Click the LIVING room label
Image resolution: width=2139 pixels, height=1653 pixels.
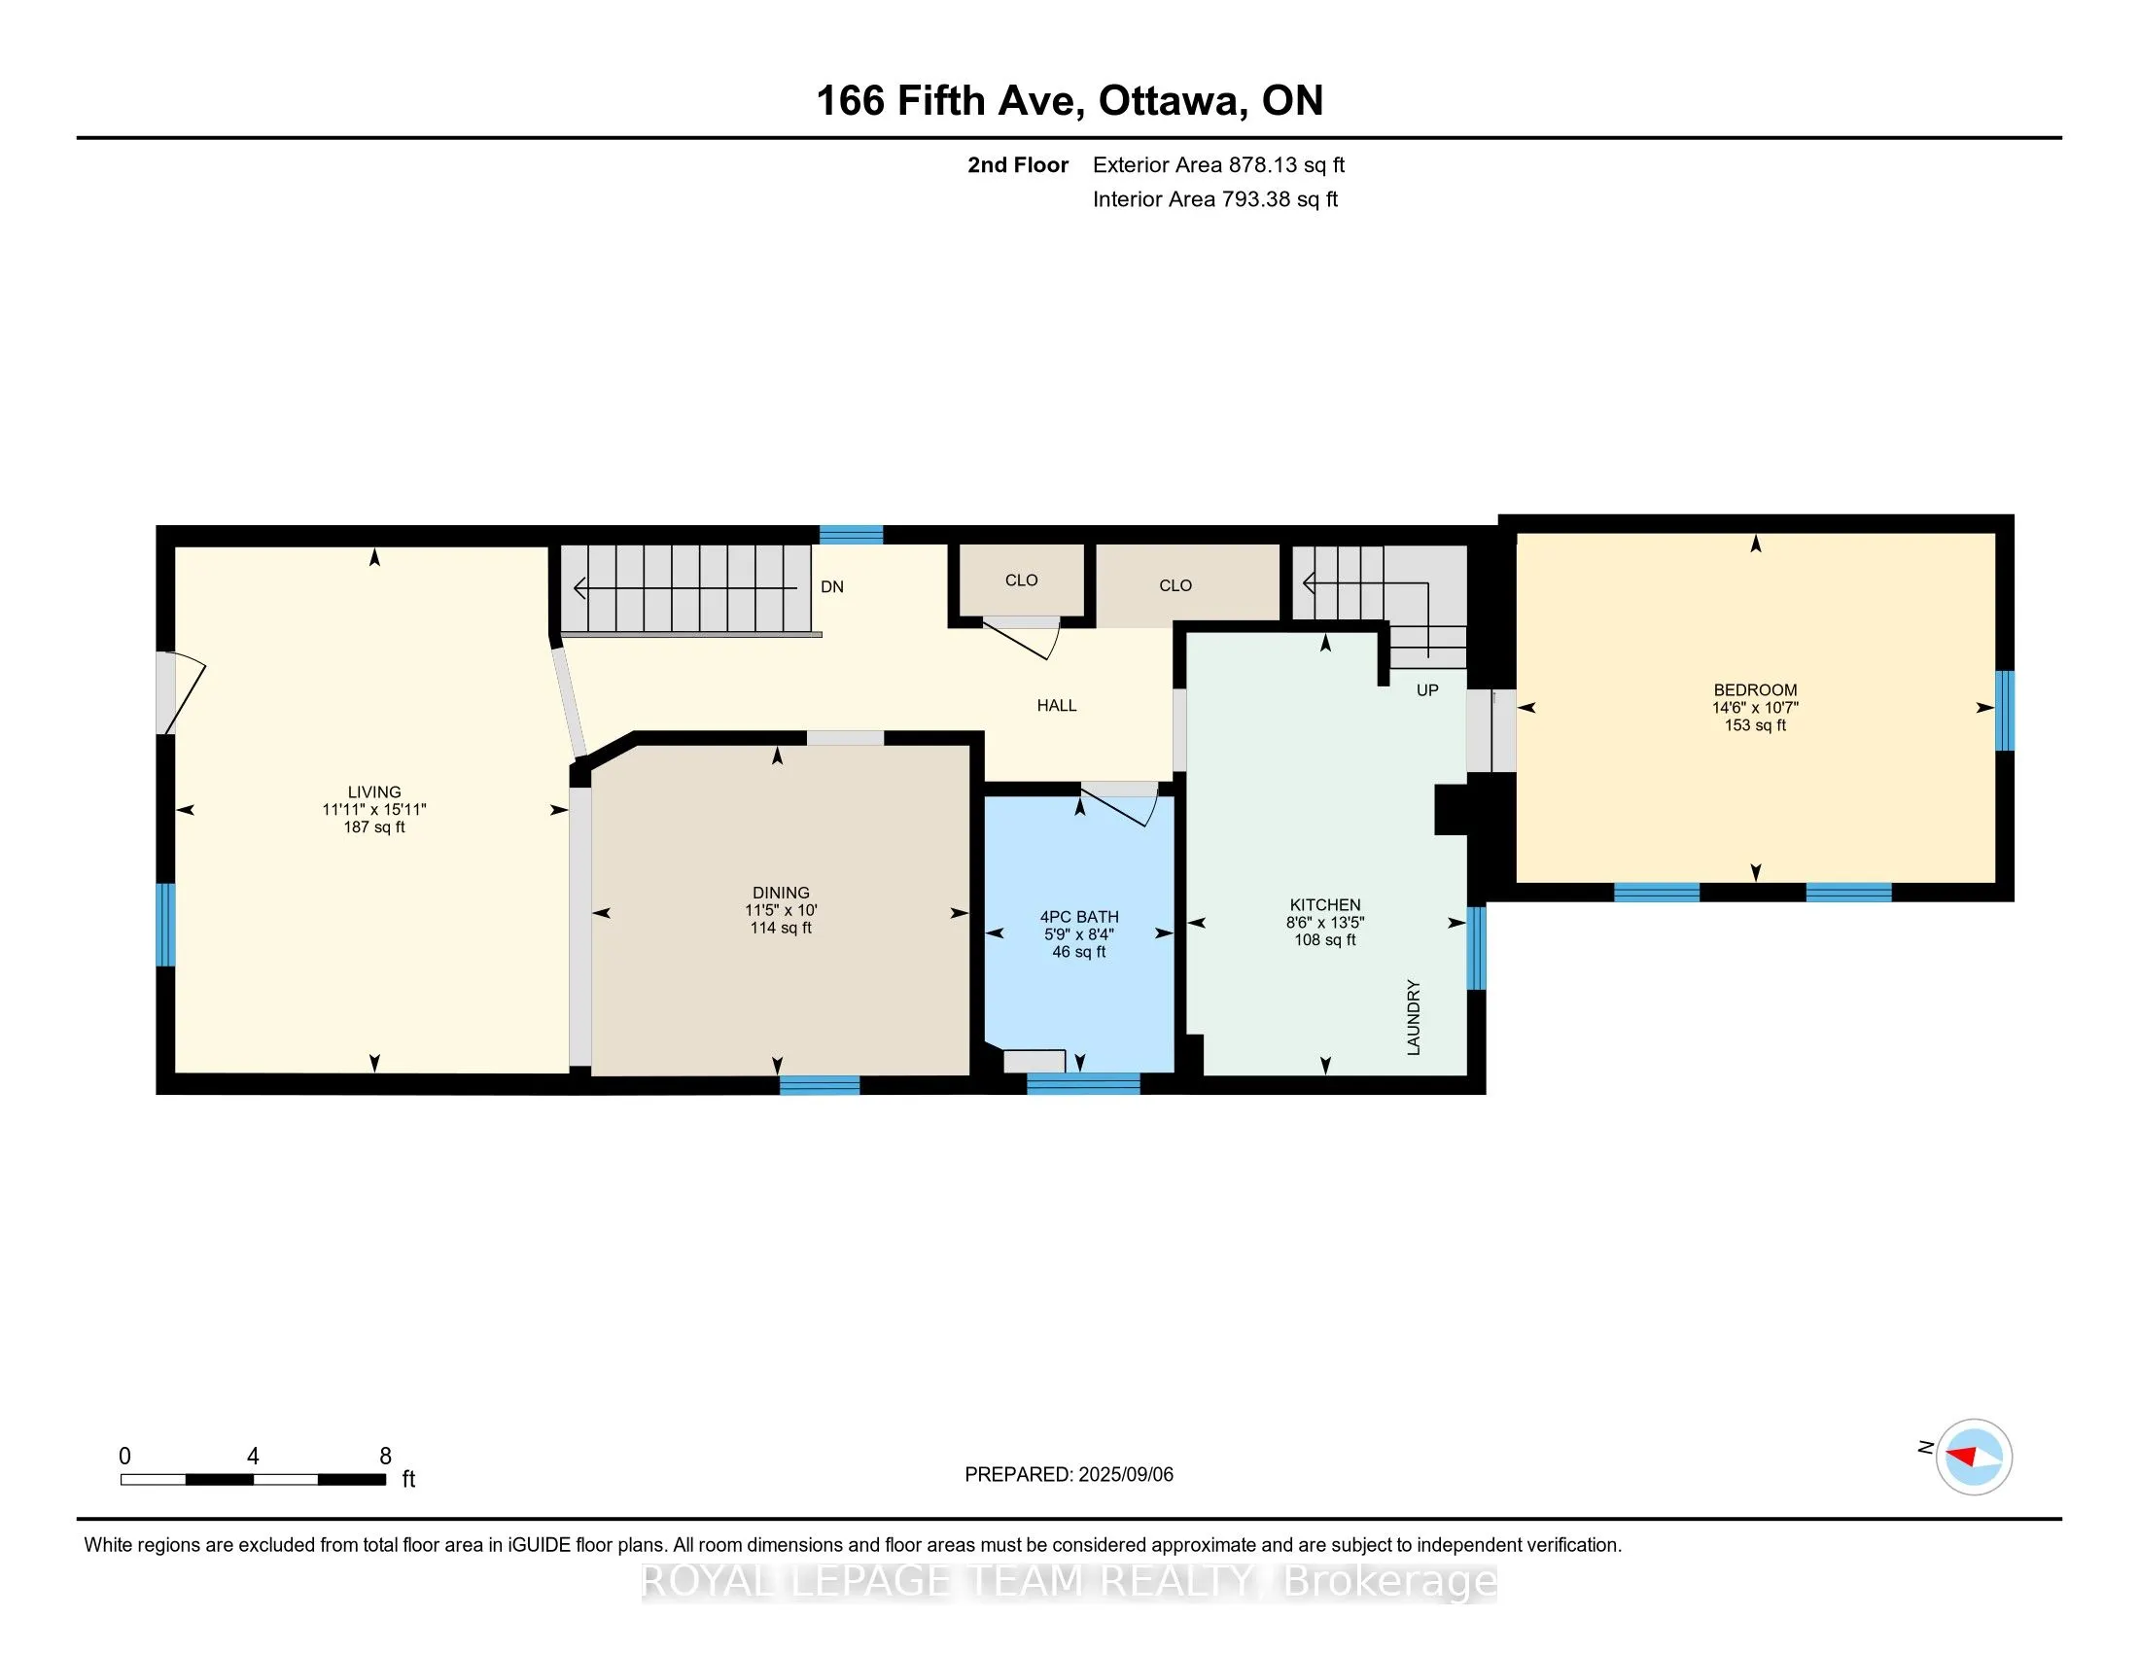tap(374, 791)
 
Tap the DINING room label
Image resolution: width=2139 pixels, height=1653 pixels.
tap(781, 892)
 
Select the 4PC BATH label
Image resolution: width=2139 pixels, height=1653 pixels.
tap(1079, 917)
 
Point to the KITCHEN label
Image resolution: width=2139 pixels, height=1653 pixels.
tap(1325, 905)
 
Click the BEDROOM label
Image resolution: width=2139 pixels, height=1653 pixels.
tap(1755, 689)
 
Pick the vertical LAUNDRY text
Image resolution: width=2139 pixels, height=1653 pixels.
tap(1414, 1017)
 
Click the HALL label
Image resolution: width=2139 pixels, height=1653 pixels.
tap(1057, 705)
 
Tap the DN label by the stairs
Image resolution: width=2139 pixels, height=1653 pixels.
tap(832, 586)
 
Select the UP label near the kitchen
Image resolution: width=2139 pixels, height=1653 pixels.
tap(1428, 690)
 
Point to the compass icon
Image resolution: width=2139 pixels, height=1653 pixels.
tap(1974, 1457)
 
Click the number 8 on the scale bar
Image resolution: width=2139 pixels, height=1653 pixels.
tap(386, 1457)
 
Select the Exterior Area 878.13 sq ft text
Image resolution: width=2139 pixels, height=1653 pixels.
tap(1218, 164)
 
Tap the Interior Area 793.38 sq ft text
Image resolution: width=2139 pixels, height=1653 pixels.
tap(1215, 198)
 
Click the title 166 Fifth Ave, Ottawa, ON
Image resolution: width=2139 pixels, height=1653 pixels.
tap(1069, 100)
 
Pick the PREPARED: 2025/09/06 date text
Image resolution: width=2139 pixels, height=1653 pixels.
tap(1069, 1474)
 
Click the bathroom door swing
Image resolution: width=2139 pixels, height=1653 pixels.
tap(1121, 803)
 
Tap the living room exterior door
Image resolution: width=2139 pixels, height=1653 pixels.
tap(181, 693)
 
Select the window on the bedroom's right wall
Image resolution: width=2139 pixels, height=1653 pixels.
tap(2005, 710)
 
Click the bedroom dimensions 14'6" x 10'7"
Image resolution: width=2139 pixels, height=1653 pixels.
tap(1755, 707)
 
